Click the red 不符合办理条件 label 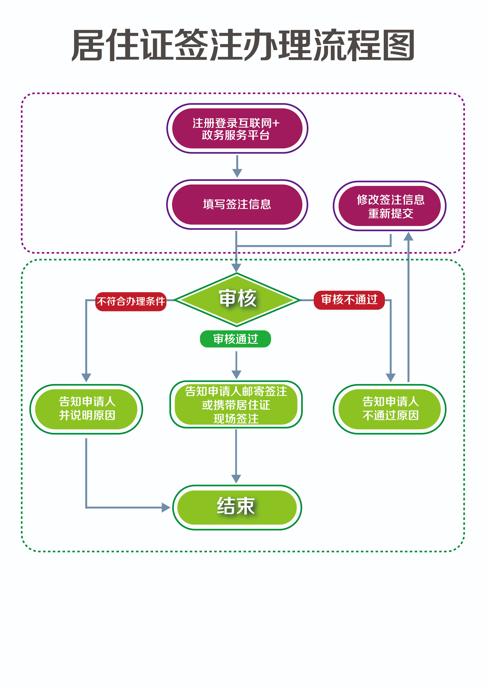pos(131,301)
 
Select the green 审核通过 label pos(235,339)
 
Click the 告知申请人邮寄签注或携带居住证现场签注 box pos(236,404)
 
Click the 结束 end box pos(237,507)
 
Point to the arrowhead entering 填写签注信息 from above pos(237,173)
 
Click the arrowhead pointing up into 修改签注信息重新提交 pos(408,237)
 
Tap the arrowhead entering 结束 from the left pos(166,507)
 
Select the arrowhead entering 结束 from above pos(236,479)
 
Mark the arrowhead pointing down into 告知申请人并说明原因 pos(86,377)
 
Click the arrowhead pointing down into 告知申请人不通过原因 pos(390,377)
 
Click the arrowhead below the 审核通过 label pos(236,374)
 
